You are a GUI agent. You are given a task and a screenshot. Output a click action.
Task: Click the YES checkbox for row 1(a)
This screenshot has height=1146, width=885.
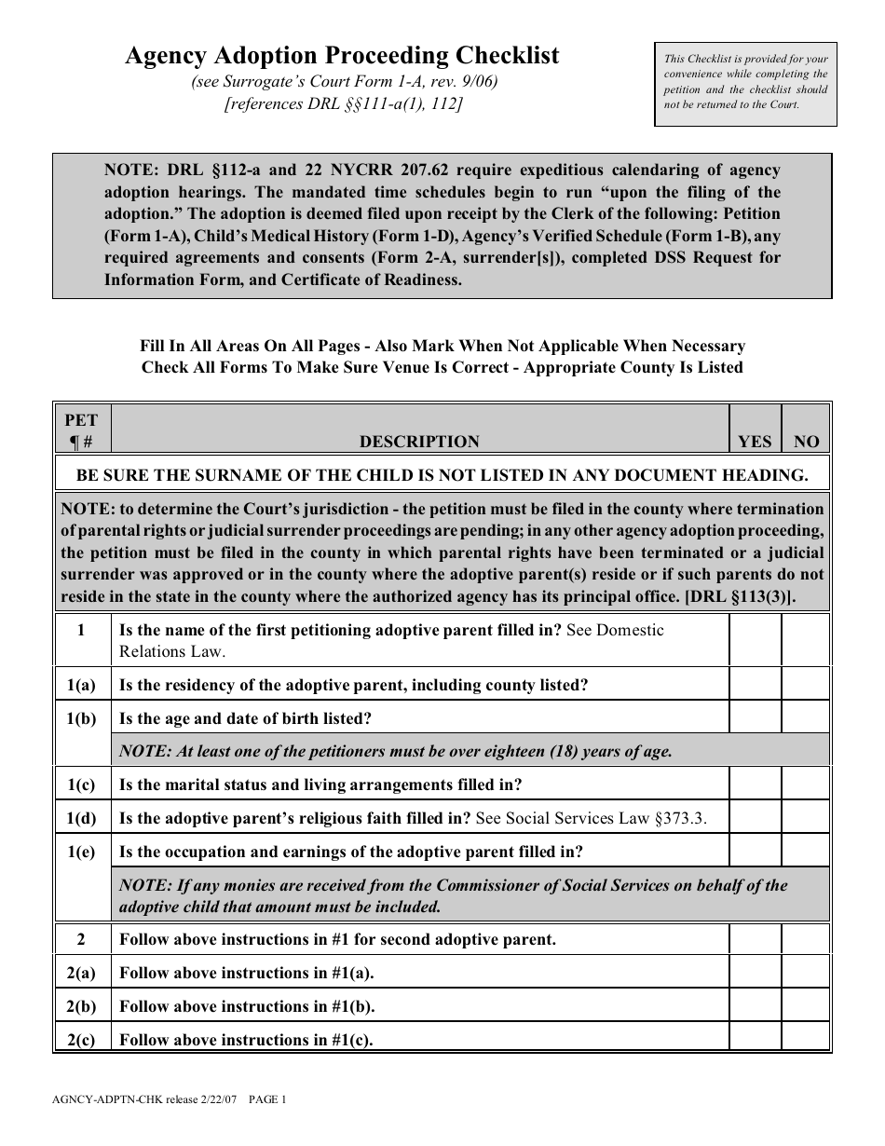[x=755, y=685]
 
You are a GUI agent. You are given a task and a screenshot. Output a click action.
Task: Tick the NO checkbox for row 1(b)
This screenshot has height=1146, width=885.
[x=805, y=718]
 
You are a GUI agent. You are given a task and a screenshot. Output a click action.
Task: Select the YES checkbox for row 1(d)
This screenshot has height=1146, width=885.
[x=755, y=818]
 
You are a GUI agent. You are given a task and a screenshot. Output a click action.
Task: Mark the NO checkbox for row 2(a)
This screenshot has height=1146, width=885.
[x=805, y=973]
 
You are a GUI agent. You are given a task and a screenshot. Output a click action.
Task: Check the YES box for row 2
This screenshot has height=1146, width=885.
[x=755, y=939]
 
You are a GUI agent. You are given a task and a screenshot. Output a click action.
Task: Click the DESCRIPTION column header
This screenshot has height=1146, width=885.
[x=419, y=442]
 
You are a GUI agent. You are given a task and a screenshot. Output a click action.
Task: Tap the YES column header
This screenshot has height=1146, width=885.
[x=755, y=442]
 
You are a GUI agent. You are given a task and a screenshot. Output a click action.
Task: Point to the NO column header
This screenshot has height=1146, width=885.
[x=806, y=442]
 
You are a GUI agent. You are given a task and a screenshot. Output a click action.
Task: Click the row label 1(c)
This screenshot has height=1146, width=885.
[x=81, y=784]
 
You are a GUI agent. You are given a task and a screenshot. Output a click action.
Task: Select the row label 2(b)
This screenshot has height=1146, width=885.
[x=81, y=1006]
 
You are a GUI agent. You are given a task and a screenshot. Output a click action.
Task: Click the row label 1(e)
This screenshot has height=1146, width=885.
[x=81, y=852]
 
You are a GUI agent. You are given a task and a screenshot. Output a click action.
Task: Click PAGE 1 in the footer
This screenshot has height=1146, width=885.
[x=266, y=1099]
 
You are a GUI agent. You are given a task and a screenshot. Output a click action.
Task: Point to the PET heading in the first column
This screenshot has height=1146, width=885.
[x=81, y=420]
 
